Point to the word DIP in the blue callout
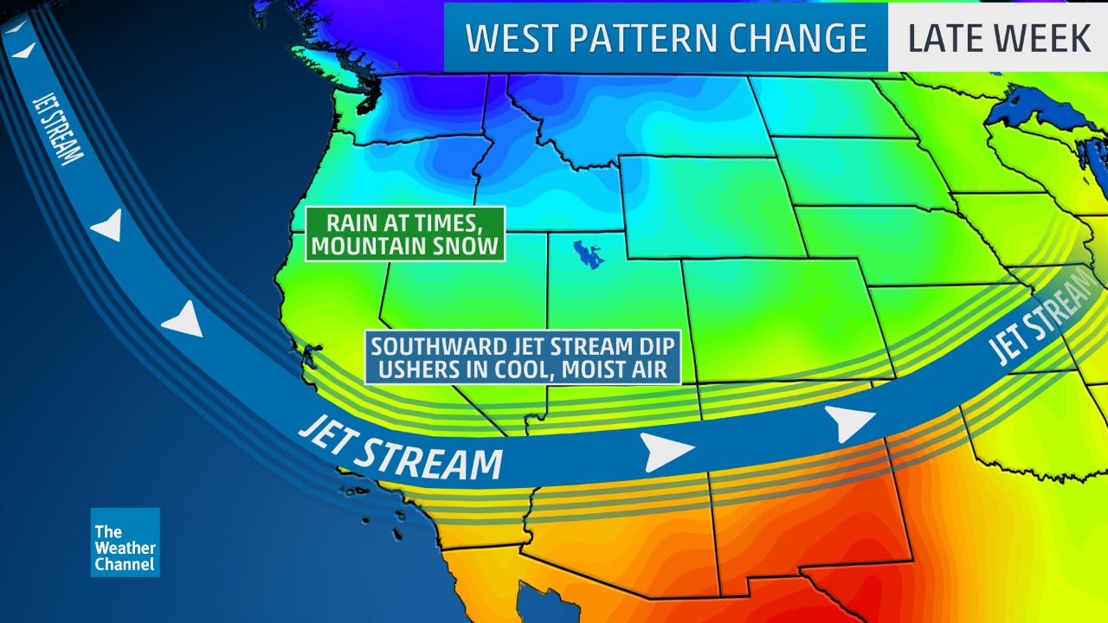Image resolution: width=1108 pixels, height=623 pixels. coord(654,347)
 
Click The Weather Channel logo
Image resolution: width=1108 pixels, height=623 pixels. coord(125,543)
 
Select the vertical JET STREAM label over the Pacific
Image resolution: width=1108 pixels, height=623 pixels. coord(58,127)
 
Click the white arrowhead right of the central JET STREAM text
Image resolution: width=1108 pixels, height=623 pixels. coord(667,451)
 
